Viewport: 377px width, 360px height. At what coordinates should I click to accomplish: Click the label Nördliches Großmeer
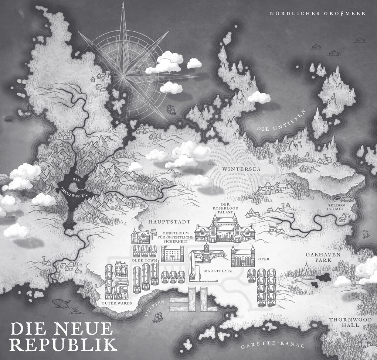tap(317, 14)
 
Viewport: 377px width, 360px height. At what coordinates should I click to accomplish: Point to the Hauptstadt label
tap(170, 222)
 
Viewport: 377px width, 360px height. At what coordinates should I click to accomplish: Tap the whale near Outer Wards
tap(61, 304)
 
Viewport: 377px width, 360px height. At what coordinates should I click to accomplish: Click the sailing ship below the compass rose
tap(170, 109)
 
